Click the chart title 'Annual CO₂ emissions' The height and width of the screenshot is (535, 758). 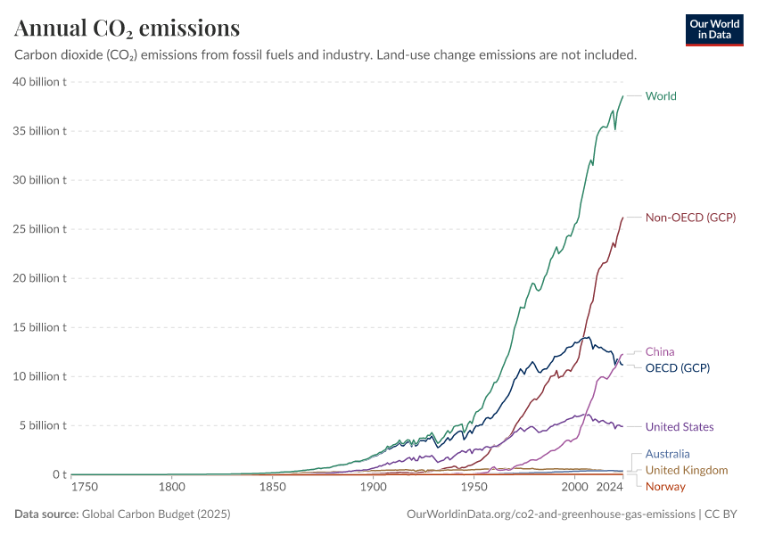pos(128,29)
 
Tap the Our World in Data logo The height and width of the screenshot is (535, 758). pos(713,29)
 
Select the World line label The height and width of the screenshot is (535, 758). pos(661,96)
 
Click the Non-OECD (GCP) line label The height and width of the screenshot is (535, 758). pos(690,218)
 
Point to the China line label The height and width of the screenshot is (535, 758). pos(660,352)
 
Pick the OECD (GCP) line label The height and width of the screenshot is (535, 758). pos(678,367)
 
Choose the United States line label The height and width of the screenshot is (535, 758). pos(680,427)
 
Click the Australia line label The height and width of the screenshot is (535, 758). pos(668,455)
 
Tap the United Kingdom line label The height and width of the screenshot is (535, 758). pos(686,470)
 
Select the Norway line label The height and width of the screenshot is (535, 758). pos(665,486)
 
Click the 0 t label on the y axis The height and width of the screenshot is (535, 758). pos(59,474)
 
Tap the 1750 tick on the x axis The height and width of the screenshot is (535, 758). pos(86,487)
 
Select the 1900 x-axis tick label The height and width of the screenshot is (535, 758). pos(374,487)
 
